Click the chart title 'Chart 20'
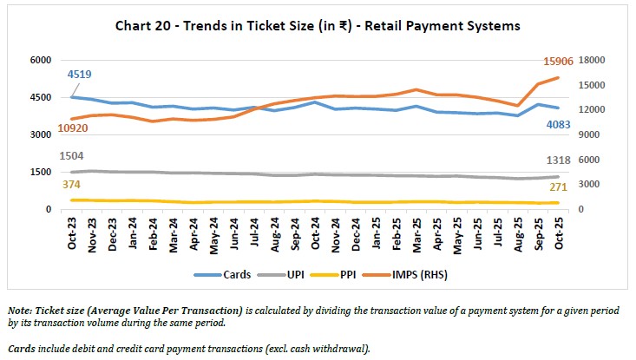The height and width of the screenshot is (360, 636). [318, 26]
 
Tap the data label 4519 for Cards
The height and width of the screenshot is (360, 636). [81, 75]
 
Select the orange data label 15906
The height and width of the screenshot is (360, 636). [556, 60]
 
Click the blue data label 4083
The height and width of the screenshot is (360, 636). [559, 124]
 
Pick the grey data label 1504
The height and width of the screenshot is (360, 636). [72, 155]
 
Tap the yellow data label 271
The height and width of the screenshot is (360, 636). [560, 187]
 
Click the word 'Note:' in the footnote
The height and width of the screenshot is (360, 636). [23, 310]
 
